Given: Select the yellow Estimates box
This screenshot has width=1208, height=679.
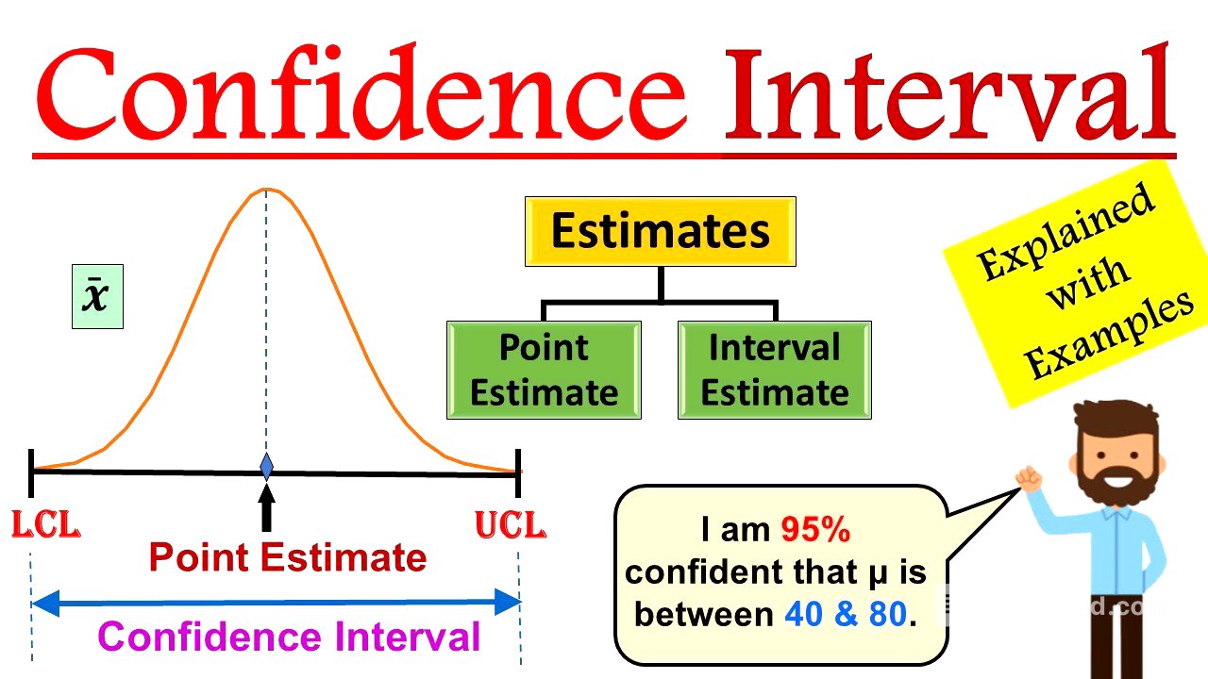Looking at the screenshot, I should point(660,231).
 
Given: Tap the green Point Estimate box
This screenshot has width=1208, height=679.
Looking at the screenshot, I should point(544,370).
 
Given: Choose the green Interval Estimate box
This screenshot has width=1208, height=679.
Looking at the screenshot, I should point(774,370).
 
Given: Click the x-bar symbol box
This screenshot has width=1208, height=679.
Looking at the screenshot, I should point(97,296).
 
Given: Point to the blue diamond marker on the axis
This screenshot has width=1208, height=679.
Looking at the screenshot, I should point(266,466).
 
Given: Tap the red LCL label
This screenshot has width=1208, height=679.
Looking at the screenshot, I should point(45,526).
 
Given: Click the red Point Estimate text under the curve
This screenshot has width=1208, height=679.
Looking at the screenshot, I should point(288,558).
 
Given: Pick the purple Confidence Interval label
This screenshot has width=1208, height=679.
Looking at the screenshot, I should point(289,637).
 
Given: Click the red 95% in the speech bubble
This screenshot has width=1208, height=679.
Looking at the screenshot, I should point(815,531).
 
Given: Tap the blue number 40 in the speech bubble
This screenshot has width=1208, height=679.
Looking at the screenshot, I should point(804,615).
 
